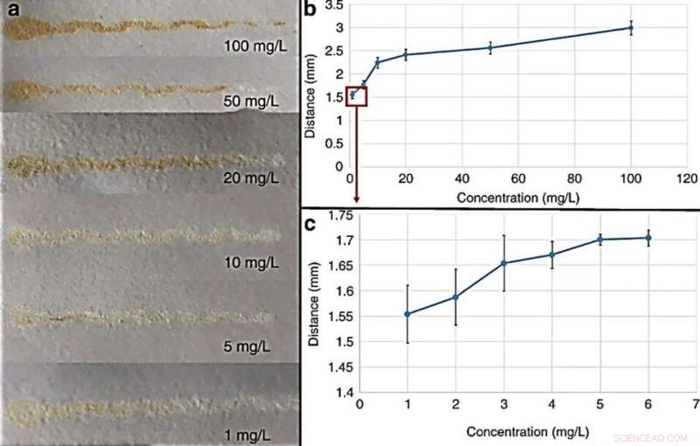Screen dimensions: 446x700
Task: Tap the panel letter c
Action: point(309,222)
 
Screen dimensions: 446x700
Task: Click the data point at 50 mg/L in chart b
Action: point(491,47)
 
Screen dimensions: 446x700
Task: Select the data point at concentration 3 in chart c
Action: point(503,263)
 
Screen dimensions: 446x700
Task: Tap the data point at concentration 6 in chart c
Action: point(647,238)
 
